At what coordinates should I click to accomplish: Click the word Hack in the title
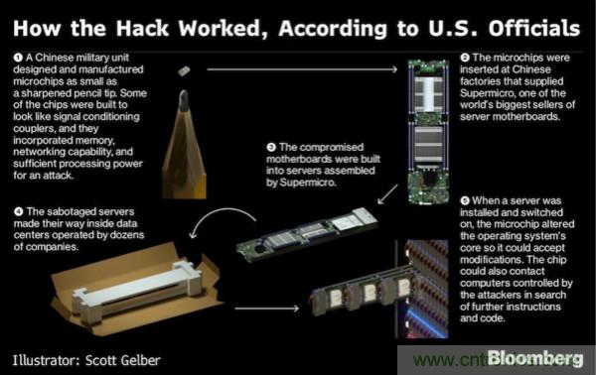click(142, 28)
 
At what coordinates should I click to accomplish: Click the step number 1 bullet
click(18, 58)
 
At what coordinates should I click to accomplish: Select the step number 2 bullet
click(465, 58)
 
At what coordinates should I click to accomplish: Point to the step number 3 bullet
click(271, 147)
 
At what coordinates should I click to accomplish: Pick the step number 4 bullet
click(18, 211)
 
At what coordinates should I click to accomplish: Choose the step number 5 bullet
click(465, 200)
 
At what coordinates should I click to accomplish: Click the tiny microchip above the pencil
click(184, 70)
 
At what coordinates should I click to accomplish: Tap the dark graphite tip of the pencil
click(184, 100)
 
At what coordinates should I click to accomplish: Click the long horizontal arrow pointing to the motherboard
click(302, 69)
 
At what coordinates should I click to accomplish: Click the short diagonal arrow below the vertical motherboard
click(387, 194)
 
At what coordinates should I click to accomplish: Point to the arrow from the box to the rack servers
click(267, 309)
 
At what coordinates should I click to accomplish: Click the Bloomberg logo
click(535, 359)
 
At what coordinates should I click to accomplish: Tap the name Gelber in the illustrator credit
click(141, 360)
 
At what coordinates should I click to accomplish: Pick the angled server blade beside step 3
click(307, 234)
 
